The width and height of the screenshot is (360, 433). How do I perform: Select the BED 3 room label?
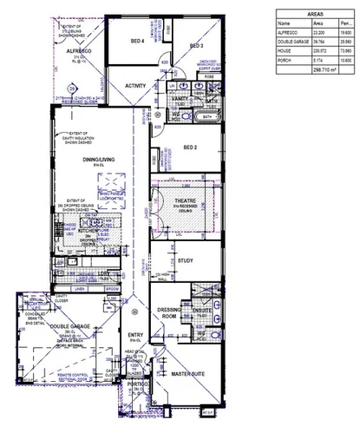(195, 45)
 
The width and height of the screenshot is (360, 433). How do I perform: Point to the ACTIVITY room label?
(135, 86)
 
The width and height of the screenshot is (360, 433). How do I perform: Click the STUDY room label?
(185, 260)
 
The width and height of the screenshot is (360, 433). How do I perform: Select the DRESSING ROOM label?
(167, 314)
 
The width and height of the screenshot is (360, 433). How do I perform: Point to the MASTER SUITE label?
(187, 373)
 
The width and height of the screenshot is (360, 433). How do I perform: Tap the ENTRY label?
(134, 335)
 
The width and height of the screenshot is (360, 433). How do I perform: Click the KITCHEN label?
(90, 230)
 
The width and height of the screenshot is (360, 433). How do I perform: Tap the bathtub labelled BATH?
(207, 115)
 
